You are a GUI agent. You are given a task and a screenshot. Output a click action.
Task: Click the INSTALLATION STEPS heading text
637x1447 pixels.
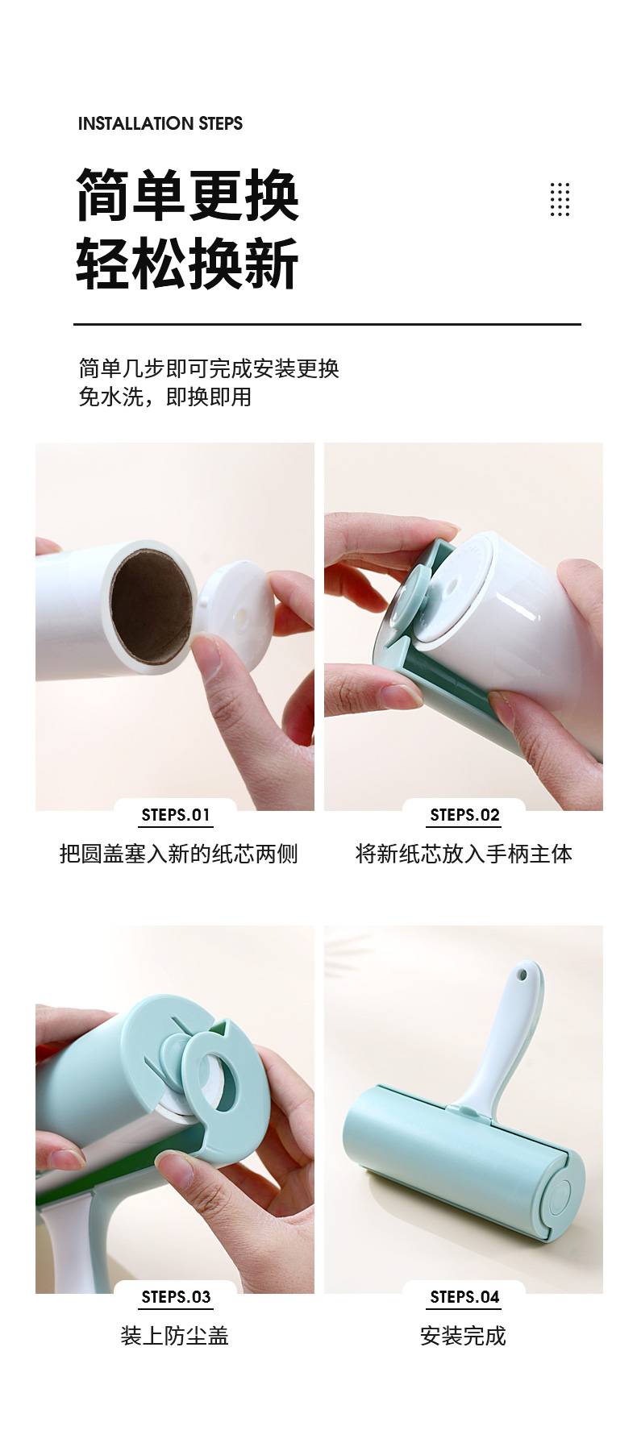click(x=160, y=123)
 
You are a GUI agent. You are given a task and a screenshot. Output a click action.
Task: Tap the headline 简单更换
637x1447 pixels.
click(x=187, y=195)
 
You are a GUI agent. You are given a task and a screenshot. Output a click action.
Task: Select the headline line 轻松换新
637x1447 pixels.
click(x=187, y=263)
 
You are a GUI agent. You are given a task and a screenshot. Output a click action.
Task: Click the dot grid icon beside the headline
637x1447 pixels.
click(x=560, y=199)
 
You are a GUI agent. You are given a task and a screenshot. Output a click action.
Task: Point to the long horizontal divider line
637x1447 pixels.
click(x=327, y=324)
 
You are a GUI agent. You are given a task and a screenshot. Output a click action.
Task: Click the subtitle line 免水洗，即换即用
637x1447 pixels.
click(x=165, y=397)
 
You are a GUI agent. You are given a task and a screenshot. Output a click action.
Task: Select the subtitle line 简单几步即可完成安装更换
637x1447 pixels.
click(x=209, y=368)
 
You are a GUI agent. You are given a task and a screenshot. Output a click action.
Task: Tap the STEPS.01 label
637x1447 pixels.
click(x=176, y=815)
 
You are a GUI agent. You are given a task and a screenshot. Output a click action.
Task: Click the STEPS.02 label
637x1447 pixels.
click(x=464, y=815)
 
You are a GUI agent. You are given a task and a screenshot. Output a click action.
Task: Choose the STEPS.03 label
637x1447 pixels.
click(x=176, y=1297)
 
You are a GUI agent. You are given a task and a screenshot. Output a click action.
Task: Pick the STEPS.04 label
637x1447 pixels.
click(x=464, y=1297)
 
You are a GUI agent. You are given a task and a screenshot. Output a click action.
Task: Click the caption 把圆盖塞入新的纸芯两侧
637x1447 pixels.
click(x=179, y=854)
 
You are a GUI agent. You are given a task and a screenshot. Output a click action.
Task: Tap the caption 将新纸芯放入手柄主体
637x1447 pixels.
click(x=464, y=854)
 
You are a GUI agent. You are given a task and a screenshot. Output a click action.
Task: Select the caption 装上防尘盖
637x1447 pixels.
click(x=175, y=1336)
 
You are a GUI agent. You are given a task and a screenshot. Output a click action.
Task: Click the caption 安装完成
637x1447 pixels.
click(x=464, y=1336)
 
